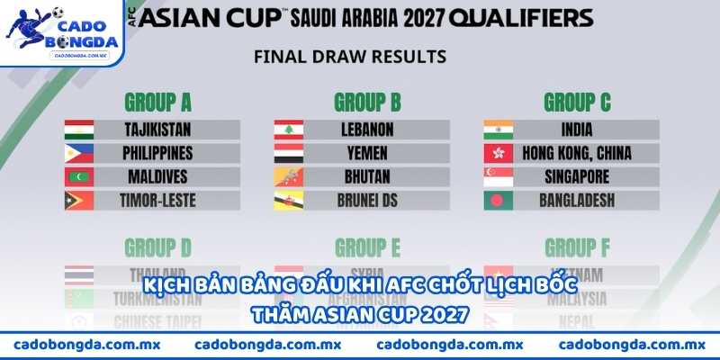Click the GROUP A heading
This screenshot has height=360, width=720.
pos(157,101)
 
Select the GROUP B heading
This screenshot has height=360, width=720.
pos(367,101)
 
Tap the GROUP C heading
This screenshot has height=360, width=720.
pos(577,101)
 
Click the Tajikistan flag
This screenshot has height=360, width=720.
pos(79,130)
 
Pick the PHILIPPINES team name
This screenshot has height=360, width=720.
pos(157,153)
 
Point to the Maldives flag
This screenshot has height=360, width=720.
pos(79,176)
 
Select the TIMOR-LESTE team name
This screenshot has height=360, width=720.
pos(157,200)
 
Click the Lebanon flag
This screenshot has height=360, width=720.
pos(289,130)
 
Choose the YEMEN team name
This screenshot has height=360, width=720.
pos(367,153)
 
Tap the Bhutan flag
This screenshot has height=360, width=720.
pos(289,176)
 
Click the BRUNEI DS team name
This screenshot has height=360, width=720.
pos(367,200)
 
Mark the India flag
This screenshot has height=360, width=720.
pos(499,130)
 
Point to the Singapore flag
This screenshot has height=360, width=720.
pos(499,176)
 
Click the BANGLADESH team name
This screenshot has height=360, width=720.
pos(577,200)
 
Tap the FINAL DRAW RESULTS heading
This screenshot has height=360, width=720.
pos(350,56)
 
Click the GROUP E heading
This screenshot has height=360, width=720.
pos(367,246)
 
